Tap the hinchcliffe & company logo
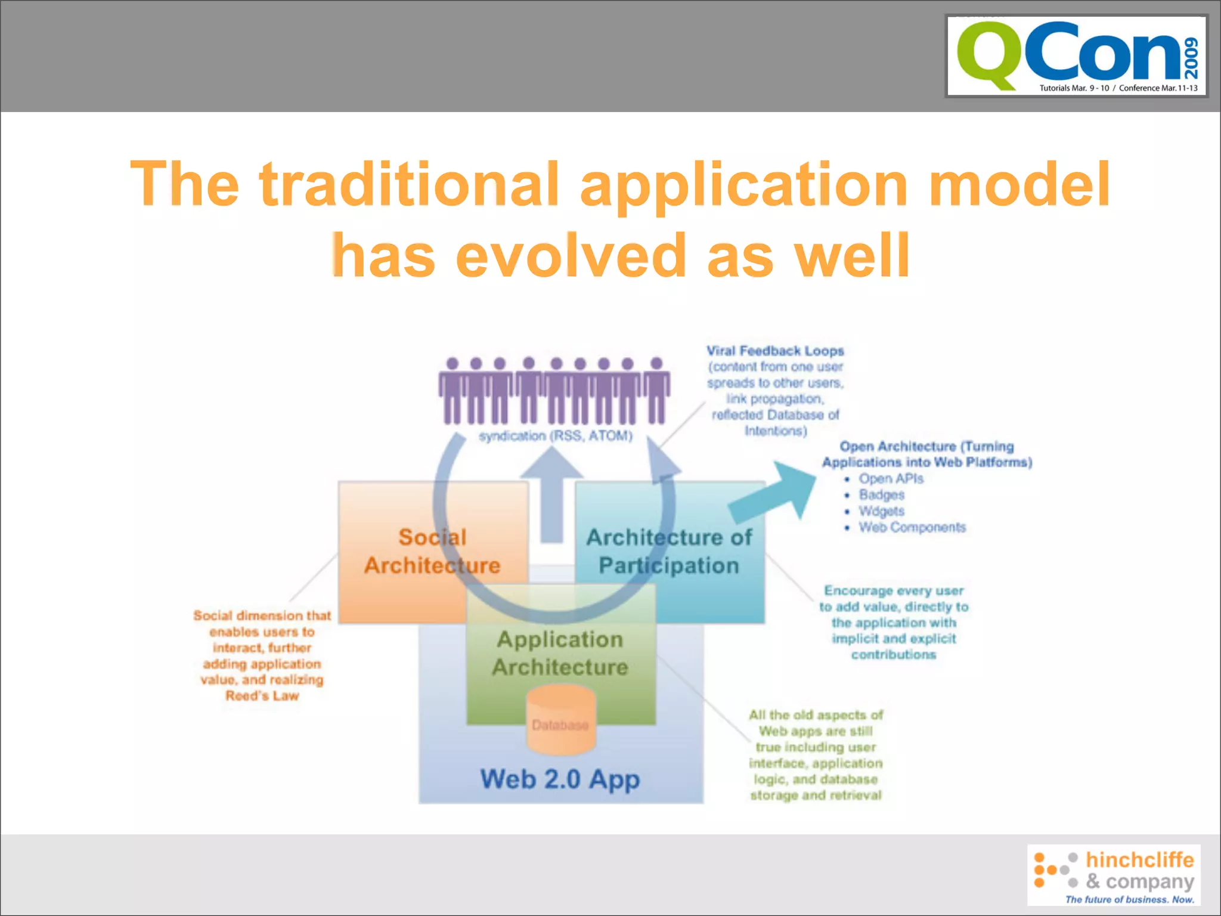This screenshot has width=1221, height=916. click(1114, 875)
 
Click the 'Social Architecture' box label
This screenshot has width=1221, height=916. click(432, 551)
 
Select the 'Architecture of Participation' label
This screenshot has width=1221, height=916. click(669, 551)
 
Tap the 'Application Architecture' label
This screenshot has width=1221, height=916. click(560, 653)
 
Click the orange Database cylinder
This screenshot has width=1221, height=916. click(560, 719)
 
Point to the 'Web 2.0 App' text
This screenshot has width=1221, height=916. click(560, 779)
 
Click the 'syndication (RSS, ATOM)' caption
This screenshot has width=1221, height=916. click(556, 436)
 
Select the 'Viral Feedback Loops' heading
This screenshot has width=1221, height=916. click(775, 351)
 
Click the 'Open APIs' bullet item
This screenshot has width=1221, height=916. click(891, 478)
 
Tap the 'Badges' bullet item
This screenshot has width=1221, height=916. click(881, 494)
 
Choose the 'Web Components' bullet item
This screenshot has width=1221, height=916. click(912, 527)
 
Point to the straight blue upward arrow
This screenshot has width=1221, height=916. click(552, 495)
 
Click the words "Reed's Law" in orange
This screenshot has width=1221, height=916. click(262, 696)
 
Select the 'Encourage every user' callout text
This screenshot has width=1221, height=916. click(894, 591)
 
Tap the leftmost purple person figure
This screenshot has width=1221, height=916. click(452, 391)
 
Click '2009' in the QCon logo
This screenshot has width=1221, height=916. click(1191, 58)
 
